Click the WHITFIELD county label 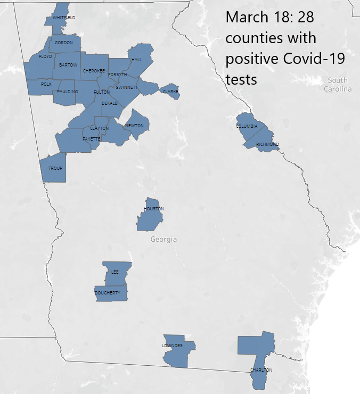[x=64, y=18]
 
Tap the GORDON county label [x=64, y=43]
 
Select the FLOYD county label [x=45, y=56]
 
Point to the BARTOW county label [x=68, y=65]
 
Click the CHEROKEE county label [x=94, y=70]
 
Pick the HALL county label [x=136, y=60]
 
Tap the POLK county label [x=46, y=84]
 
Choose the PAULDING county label [x=68, y=92]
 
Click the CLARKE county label [x=170, y=92]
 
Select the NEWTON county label [x=134, y=126]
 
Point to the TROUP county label [x=55, y=168]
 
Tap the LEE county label [x=115, y=272]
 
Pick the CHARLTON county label [x=261, y=370]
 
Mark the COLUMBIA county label [x=247, y=126]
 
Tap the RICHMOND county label [x=267, y=144]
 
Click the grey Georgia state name [x=163, y=239]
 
